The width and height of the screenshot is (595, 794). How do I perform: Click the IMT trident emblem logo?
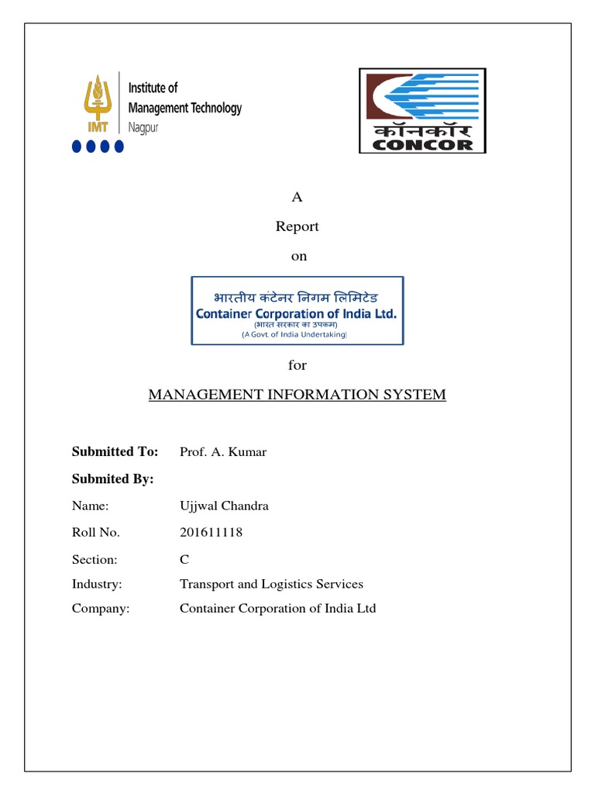97,102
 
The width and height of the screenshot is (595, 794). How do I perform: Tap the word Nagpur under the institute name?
143,127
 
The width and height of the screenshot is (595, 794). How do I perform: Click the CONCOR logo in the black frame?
421,110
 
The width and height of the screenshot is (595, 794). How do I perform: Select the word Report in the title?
297,227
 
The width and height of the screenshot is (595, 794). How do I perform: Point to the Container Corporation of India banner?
297,310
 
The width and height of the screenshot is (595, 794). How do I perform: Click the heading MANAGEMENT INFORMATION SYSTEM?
297,395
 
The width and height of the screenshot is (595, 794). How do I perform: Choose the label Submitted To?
115,451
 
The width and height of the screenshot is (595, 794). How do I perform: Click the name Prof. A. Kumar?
223,452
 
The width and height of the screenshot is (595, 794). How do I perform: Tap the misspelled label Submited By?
113,478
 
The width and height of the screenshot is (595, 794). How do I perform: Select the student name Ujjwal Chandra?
224,506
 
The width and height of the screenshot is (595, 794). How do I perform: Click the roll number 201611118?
212,533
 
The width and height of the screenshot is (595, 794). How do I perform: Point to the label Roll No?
96,533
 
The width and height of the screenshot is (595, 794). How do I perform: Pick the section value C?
184,559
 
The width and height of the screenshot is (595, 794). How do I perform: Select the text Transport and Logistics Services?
271,584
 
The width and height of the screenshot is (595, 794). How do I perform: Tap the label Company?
101,609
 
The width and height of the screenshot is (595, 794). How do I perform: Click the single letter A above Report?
297,198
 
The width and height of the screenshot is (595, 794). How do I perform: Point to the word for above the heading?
297,364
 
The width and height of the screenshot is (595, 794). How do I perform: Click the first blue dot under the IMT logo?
77,147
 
